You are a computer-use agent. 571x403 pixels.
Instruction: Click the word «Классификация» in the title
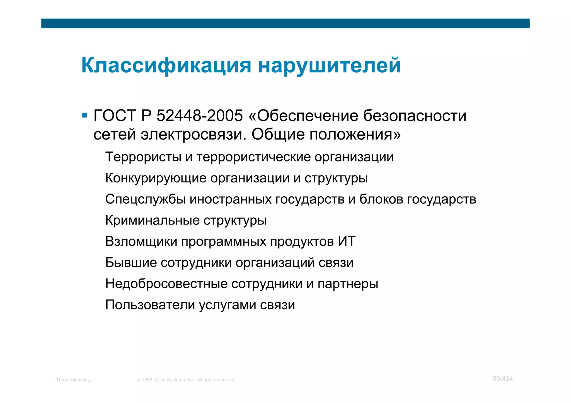(166, 65)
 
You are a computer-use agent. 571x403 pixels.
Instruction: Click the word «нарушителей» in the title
(330, 65)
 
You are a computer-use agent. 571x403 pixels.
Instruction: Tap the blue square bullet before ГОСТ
(84, 115)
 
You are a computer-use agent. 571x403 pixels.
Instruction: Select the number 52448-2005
(200, 116)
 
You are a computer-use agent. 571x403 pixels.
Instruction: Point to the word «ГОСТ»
(115, 116)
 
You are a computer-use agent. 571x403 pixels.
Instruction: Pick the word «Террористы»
(143, 157)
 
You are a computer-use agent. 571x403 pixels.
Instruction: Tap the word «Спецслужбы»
(145, 199)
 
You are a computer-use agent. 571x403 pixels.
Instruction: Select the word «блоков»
(381, 199)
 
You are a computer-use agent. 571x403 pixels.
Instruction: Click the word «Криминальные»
(152, 221)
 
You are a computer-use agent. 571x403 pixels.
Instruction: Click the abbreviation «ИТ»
(347, 241)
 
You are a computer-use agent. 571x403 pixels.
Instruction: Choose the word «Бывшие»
(131, 263)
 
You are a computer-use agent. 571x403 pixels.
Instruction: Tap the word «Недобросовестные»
(166, 284)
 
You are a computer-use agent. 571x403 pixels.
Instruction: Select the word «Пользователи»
(150, 305)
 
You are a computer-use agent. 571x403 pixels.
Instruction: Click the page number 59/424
(502, 379)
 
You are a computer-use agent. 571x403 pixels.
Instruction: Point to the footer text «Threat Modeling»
(73, 380)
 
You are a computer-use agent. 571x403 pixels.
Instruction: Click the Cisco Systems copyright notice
(186, 380)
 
